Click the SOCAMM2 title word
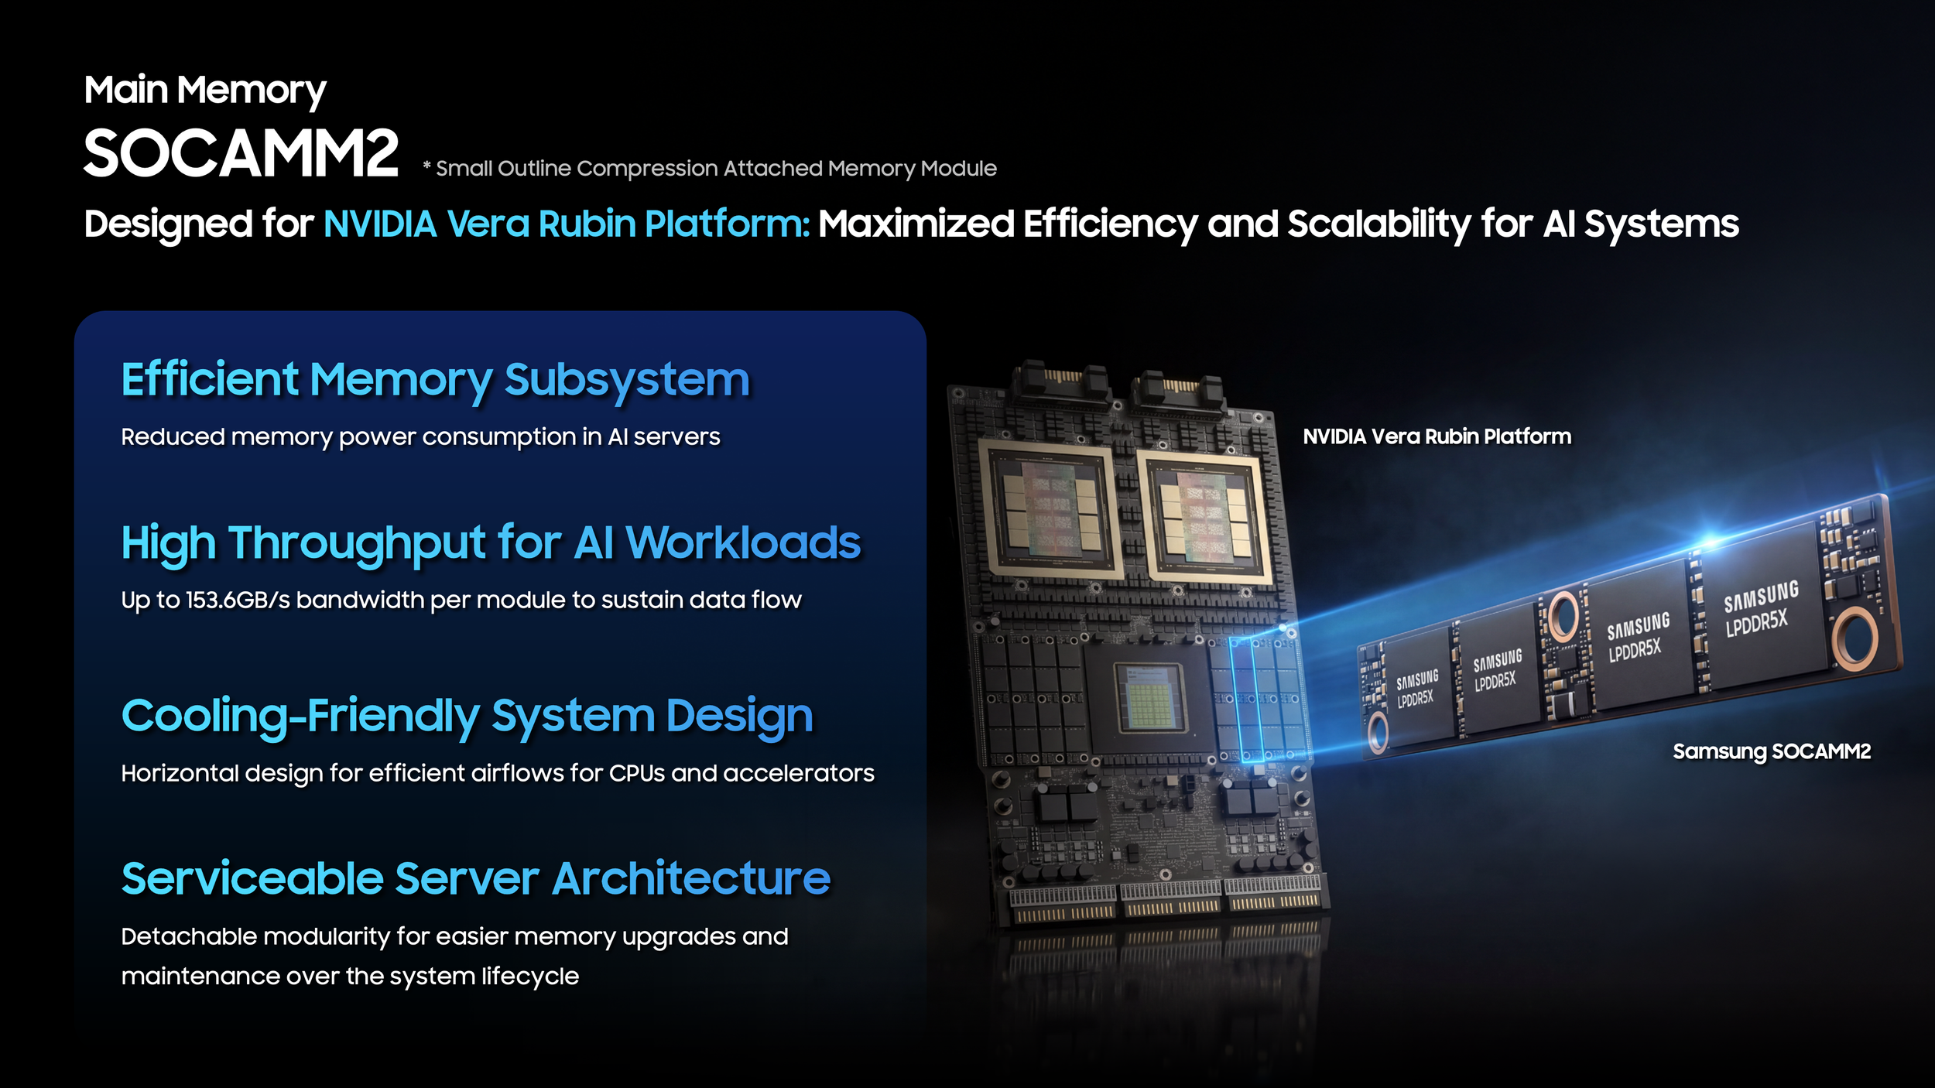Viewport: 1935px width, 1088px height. (241, 153)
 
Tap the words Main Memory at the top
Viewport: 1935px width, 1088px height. (205, 91)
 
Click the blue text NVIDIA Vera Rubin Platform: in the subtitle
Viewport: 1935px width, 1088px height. (567, 224)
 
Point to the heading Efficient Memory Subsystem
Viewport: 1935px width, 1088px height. (436, 381)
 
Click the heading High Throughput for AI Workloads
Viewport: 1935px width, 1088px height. (491, 543)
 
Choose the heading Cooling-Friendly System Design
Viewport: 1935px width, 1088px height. (467, 717)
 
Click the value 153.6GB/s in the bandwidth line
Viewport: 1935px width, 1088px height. (238, 600)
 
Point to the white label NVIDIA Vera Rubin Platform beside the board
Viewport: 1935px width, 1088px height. (1437, 436)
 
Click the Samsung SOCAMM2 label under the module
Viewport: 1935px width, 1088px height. (1772, 751)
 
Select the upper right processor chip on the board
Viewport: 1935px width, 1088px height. (1204, 518)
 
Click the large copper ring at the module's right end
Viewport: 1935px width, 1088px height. (1855, 638)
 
